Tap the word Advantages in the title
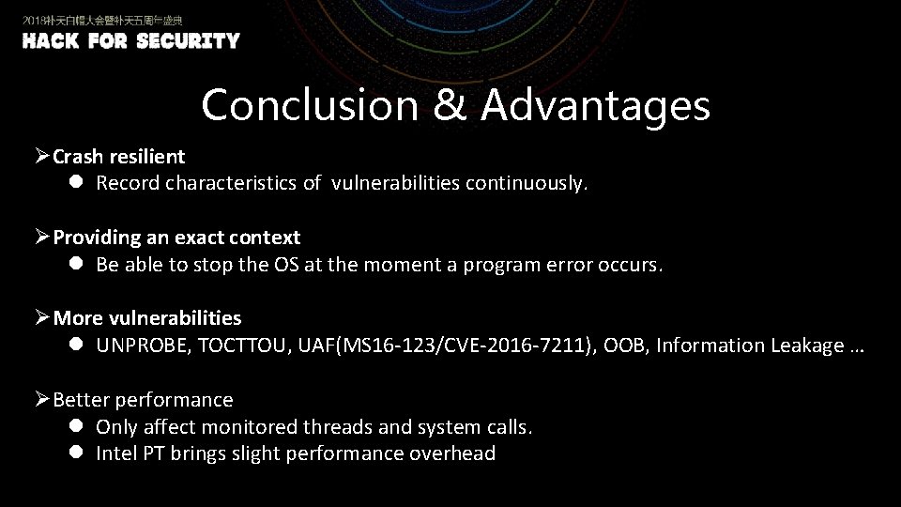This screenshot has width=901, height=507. [x=596, y=105]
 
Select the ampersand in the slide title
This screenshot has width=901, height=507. [x=450, y=105]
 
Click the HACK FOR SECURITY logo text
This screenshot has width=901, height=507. [x=130, y=41]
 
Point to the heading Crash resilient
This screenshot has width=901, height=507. [x=118, y=157]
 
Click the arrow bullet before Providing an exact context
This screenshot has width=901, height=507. [x=42, y=238]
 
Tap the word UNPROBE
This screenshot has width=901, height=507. [x=145, y=346]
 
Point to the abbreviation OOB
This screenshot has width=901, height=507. [x=624, y=346]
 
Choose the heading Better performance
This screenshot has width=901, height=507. [x=143, y=400]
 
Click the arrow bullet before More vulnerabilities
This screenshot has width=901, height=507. [x=42, y=318]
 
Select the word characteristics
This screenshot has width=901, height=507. [x=231, y=183]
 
